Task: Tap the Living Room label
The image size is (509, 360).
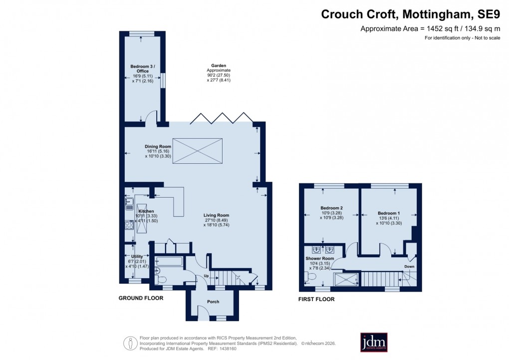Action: click(x=216, y=216)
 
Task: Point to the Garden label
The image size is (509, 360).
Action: click(x=219, y=65)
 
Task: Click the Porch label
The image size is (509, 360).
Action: click(x=213, y=302)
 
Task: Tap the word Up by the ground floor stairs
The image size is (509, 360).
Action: click(x=206, y=276)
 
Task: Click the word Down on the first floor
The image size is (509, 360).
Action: click(x=409, y=267)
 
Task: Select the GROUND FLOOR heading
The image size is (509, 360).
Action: click(x=141, y=298)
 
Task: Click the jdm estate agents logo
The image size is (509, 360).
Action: click(x=374, y=342)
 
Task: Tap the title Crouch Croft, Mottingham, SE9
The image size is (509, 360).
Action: click(x=410, y=14)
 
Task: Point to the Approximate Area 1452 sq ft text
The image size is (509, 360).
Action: click(x=430, y=29)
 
